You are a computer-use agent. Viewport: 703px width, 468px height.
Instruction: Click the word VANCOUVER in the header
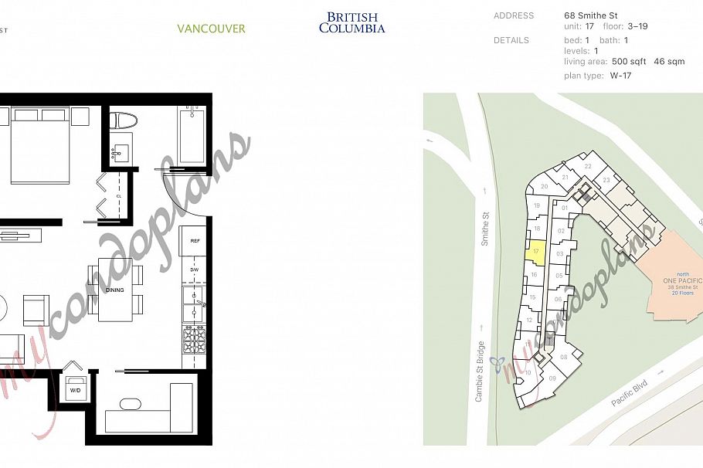tap(211, 29)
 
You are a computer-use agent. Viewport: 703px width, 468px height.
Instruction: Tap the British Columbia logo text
tap(351, 22)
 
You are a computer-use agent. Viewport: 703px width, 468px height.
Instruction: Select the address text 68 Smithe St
tap(591, 15)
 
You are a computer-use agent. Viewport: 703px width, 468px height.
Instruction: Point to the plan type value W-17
tap(621, 76)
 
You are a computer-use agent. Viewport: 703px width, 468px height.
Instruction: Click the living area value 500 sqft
tap(629, 61)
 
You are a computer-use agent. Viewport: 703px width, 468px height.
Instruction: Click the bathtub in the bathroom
tap(191, 136)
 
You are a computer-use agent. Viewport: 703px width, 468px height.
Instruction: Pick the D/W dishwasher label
tap(194, 270)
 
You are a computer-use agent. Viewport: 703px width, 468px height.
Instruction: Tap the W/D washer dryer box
tap(75, 390)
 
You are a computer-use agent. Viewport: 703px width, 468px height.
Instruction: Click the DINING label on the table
tap(115, 290)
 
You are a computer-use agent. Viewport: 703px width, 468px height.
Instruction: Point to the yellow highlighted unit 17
tap(535, 251)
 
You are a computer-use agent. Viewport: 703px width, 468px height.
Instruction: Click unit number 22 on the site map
tap(588, 166)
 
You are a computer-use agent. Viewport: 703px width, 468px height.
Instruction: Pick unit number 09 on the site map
tap(552, 378)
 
